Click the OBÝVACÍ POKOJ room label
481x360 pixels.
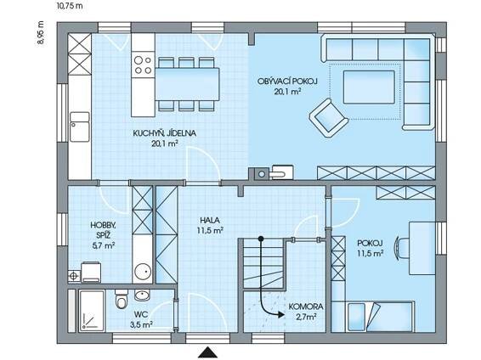click(287, 82)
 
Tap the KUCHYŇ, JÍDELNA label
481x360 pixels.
click(164, 133)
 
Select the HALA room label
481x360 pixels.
click(210, 220)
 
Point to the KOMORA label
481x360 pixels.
click(306, 307)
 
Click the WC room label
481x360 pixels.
click(141, 314)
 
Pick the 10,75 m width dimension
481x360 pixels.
click(70, 5)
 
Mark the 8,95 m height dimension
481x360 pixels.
click(41, 33)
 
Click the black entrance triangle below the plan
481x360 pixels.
click(207, 352)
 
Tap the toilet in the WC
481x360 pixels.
click(122, 299)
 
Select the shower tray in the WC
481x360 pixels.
click(92, 311)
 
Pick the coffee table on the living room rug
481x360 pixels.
click(369, 87)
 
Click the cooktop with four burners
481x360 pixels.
click(143, 65)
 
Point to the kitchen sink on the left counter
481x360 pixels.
click(80, 127)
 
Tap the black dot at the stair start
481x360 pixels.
click(261, 239)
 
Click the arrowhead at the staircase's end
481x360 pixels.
click(281, 314)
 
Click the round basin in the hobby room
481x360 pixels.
click(143, 272)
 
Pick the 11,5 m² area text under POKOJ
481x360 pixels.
click(371, 253)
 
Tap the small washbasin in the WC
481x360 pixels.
click(142, 295)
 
